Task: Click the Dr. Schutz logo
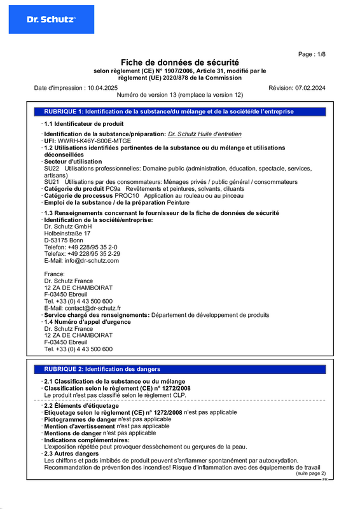[51, 19]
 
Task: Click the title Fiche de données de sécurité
[180, 62]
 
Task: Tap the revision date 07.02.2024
[309, 87]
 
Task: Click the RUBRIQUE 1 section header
[169, 111]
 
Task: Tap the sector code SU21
[52, 182]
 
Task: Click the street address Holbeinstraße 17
[67, 234]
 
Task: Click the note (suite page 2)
[310, 473]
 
